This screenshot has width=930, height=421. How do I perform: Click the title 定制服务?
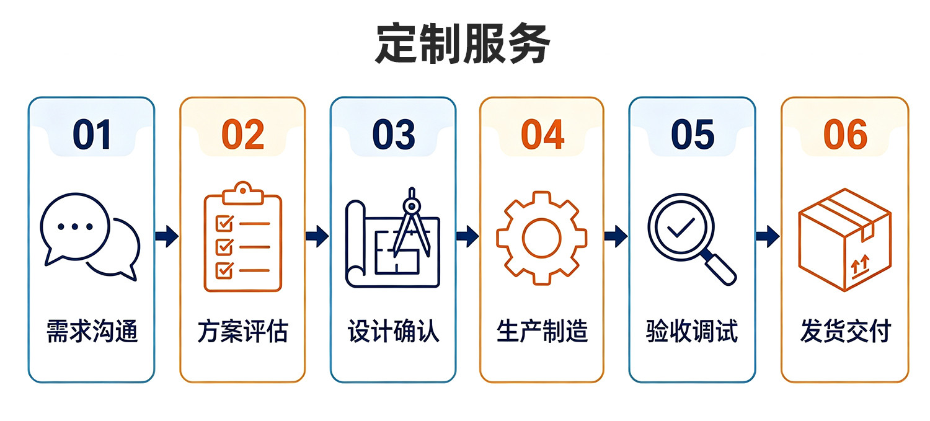coord(463,43)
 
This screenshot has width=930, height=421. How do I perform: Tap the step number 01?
coord(92,135)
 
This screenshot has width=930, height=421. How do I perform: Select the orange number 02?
coord(243,135)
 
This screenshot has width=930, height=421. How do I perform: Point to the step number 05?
coord(693,135)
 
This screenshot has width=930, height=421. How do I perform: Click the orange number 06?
coord(845,135)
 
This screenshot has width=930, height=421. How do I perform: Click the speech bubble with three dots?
coord(75,228)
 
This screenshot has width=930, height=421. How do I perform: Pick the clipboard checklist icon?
coord(243,237)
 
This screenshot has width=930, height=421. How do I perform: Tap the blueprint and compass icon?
coord(392,237)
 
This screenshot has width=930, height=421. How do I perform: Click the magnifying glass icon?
coord(692,239)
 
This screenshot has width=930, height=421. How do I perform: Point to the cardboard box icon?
coord(845,240)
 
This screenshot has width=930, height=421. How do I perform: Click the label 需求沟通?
coord(92,331)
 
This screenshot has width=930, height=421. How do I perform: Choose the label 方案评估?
coord(243,331)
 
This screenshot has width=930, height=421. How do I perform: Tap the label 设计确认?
coord(393,331)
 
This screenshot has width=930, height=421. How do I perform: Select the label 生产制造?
coord(542,331)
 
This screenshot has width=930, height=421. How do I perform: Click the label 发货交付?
coord(845,331)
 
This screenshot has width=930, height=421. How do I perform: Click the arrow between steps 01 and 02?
coord(167,236)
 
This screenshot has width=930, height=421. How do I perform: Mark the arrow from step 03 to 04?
coord(467,236)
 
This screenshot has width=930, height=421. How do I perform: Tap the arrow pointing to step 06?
coord(768,236)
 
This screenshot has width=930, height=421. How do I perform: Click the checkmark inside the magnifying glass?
coord(681,228)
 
